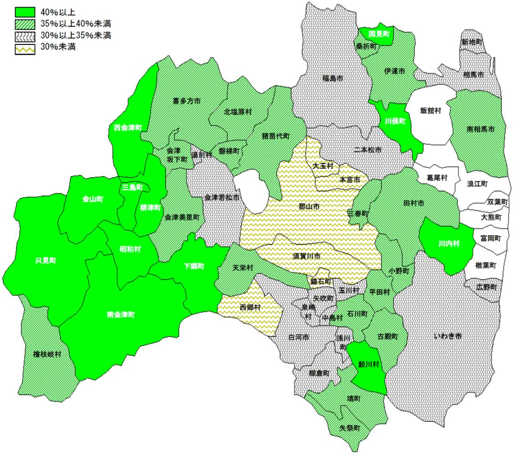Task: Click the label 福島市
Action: tap(332, 78)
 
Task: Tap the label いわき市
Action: tap(448, 336)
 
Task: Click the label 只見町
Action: tap(46, 261)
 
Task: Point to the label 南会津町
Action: tap(121, 315)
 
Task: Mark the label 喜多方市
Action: tap(186, 101)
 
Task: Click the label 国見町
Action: tap(379, 33)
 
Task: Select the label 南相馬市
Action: tap(480, 129)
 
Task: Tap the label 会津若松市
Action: tap(222, 197)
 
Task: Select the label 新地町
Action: tap(472, 41)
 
